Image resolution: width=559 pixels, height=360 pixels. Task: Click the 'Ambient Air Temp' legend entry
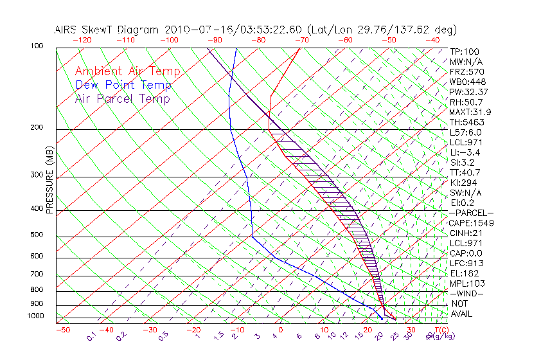(x=127, y=71)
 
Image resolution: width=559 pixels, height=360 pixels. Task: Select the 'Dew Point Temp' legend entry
(x=123, y=85)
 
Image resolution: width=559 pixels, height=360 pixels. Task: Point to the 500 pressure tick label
(x=37, y=235)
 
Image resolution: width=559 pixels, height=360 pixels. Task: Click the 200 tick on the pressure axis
(x=37, y=128)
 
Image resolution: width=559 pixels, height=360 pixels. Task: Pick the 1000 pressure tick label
(x=35, y=316)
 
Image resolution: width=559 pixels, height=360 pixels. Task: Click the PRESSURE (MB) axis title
(x=49, y=180)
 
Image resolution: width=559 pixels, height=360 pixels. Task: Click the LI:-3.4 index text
(x=465, y=152)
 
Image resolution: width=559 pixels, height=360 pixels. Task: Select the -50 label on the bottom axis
(x=62, y=330)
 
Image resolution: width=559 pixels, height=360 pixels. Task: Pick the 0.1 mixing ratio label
(x=92, y=336)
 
